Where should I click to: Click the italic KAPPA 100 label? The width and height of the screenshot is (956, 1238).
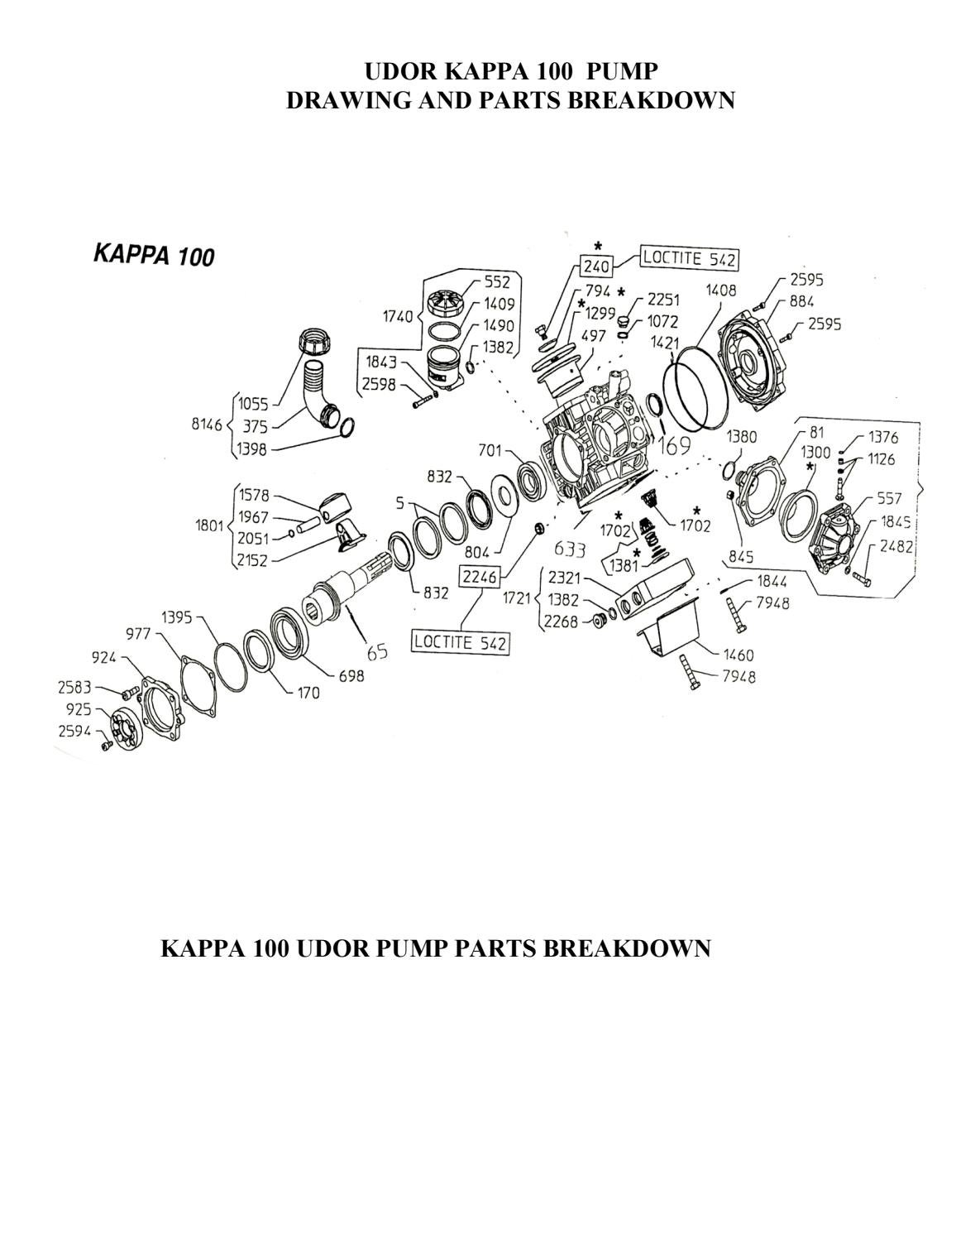[x=154, y=255]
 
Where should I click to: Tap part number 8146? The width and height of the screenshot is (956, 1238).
[x=206, y=425]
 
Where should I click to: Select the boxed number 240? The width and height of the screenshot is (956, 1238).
[x=596, y=266]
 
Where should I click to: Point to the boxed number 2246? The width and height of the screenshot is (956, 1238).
[x=478, y=577]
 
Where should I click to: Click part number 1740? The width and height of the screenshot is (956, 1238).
[x=397, y=315]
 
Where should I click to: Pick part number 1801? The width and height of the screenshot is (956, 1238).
[x=210, y=527]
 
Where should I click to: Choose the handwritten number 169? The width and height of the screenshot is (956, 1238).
[x=673, y=447]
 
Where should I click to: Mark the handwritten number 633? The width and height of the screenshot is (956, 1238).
[x=570, y=548]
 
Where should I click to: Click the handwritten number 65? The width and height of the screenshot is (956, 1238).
[x=377, y=651]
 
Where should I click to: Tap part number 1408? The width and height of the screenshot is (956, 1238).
[x=721, y=290]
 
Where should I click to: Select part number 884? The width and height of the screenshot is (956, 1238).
[x=801, y=301]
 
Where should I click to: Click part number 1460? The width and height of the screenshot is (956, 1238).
[x=738, y=655]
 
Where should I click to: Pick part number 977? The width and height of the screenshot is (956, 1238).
[x=138, y=634]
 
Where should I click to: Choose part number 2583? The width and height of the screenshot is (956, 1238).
[x=74, y=687]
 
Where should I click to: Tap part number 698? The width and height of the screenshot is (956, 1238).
[x=350, y=676]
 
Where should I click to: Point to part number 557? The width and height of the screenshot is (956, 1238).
[x=890, y=498]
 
